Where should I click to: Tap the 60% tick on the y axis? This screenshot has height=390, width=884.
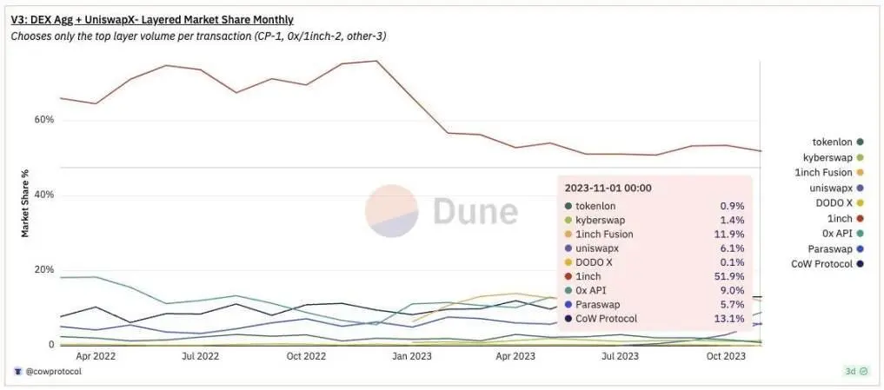[44, 119]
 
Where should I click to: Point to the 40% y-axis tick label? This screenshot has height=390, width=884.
[44, 195]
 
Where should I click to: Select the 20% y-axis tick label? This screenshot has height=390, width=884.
[44, 269]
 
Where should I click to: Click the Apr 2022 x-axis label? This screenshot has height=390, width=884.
[96, 356]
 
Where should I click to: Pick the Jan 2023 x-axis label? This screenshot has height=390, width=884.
[411, 356]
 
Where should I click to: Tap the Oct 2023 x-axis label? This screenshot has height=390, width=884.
[726, 356]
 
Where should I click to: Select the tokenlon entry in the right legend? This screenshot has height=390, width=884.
[832, 142]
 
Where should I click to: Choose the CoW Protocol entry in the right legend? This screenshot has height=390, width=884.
[822, 264]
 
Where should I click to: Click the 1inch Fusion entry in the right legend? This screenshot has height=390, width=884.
[826, 173]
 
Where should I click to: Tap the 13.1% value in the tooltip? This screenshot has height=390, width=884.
[730, 319]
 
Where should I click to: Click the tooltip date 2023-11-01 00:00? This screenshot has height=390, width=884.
[608, 188]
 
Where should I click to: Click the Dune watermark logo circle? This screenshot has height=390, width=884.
[392, 211]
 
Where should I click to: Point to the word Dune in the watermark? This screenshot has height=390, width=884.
[475, 211]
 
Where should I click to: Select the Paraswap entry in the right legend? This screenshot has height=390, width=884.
[829, 248]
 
